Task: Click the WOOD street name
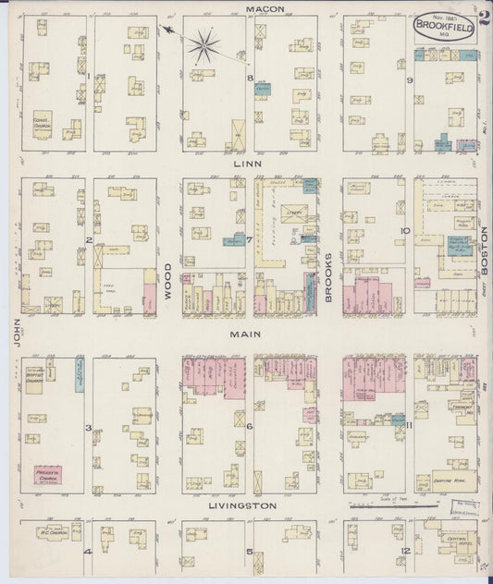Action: (169, 278)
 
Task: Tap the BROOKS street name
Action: (330, 277)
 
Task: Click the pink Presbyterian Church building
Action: (47, 476)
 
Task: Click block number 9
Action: (409, 79)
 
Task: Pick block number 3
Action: (88, 428)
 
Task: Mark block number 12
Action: (405, 552)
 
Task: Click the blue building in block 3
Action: (80, 370)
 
